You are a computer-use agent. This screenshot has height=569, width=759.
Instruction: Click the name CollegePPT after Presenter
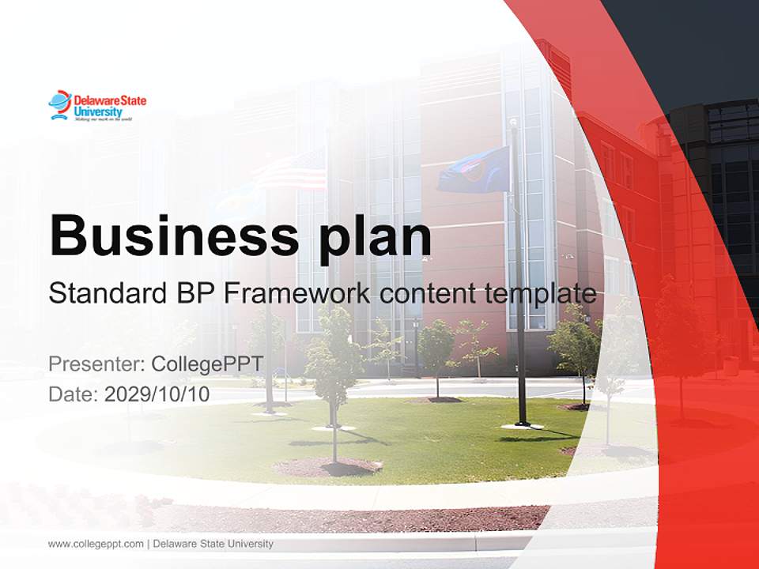pyautogui.click(x=207, y=364)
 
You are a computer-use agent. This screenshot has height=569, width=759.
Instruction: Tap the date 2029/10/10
pyautogui.click(x=157, y=394)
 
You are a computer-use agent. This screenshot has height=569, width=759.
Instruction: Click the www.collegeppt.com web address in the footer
pyautogui.click(x=96, y=544)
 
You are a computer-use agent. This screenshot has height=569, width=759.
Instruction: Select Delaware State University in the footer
pyautogui.click(x=213, y=544)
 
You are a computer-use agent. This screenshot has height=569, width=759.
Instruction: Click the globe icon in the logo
pyautogui.click(x=59, y=104)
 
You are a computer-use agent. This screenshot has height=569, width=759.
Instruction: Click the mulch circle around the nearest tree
pyautogui.click(x=329, y=466)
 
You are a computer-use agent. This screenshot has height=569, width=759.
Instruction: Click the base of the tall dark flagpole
pyautogui.click(x=522, y=424)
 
